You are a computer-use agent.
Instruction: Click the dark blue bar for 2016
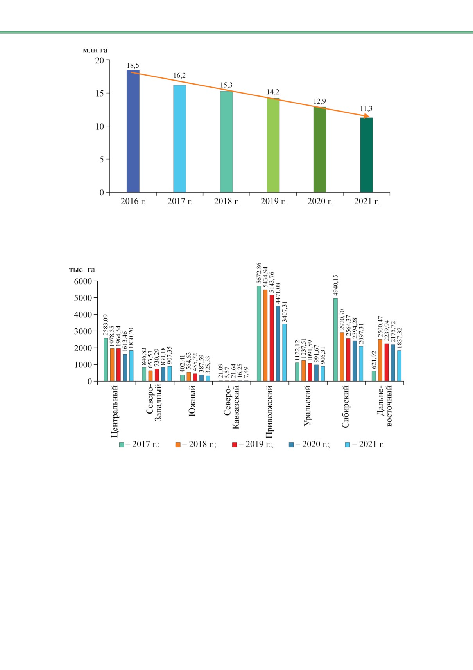(x=133, y=131)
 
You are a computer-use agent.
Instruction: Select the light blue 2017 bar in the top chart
(x=179, y=139)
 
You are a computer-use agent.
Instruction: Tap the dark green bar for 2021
(x=366, y=155)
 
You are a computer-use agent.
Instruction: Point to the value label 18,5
(x=133, y=65)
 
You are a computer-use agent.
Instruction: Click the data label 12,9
(x=319, y=101)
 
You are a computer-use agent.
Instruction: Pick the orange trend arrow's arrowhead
(x=367, y=116)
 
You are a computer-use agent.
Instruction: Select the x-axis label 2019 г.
(x=273, y=202)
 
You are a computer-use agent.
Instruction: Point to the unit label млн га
(x=95, y=50)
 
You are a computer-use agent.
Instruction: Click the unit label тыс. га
(x=82, y=270)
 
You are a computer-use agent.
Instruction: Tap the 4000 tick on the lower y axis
(x=84, y=315)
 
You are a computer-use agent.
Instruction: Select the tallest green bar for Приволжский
(x=259, y=333)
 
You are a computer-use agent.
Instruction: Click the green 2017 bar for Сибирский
(x=335, y=339)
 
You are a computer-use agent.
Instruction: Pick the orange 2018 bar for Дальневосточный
(x=380, y=360)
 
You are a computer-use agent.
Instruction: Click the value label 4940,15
(x=335, y=286)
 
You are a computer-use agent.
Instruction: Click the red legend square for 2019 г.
(x=235, y=445)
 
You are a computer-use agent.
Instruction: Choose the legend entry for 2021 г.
(x=364, y=445)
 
